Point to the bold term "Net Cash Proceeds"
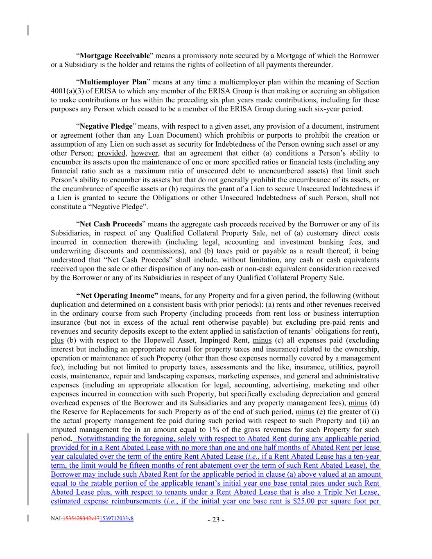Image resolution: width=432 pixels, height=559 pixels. (111, 224)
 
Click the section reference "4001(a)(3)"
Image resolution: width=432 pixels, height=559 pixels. (68, 91)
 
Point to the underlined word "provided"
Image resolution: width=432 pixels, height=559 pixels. (112, 154)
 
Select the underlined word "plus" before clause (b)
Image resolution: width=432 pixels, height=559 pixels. (57, 341)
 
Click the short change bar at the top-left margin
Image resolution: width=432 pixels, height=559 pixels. (28, 31)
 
